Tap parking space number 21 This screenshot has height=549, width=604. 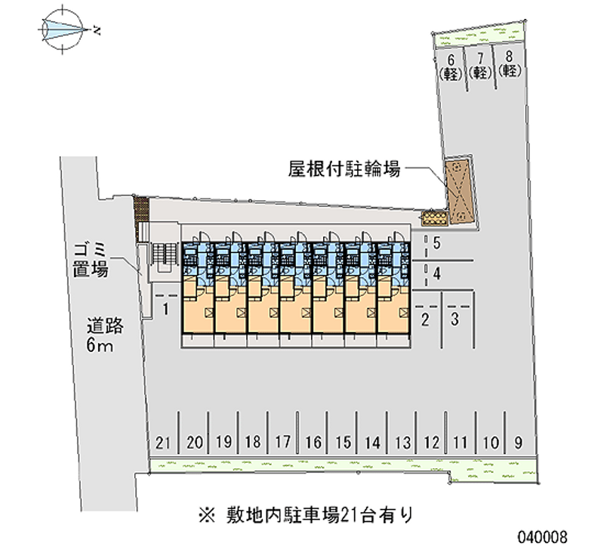[162, 443]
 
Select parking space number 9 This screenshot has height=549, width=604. [519, 443]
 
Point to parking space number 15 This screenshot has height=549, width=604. [343, 443]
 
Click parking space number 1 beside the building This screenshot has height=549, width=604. [165, 309]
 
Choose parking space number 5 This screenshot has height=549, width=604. [436, 243]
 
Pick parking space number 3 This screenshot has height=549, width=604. [455, 319]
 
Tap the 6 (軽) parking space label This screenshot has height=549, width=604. [450, 67]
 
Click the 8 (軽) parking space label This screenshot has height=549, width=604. [509, 64]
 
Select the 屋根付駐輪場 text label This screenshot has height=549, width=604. [344, 168]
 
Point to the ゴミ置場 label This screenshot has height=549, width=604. [91, 261]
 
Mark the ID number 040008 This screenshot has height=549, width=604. [542, 536]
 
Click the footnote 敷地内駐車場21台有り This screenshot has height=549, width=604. [306, 515]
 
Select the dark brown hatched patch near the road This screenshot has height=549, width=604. [141, 214]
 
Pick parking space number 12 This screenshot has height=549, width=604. [431, 443]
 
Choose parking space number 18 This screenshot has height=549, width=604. [253, 442]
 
